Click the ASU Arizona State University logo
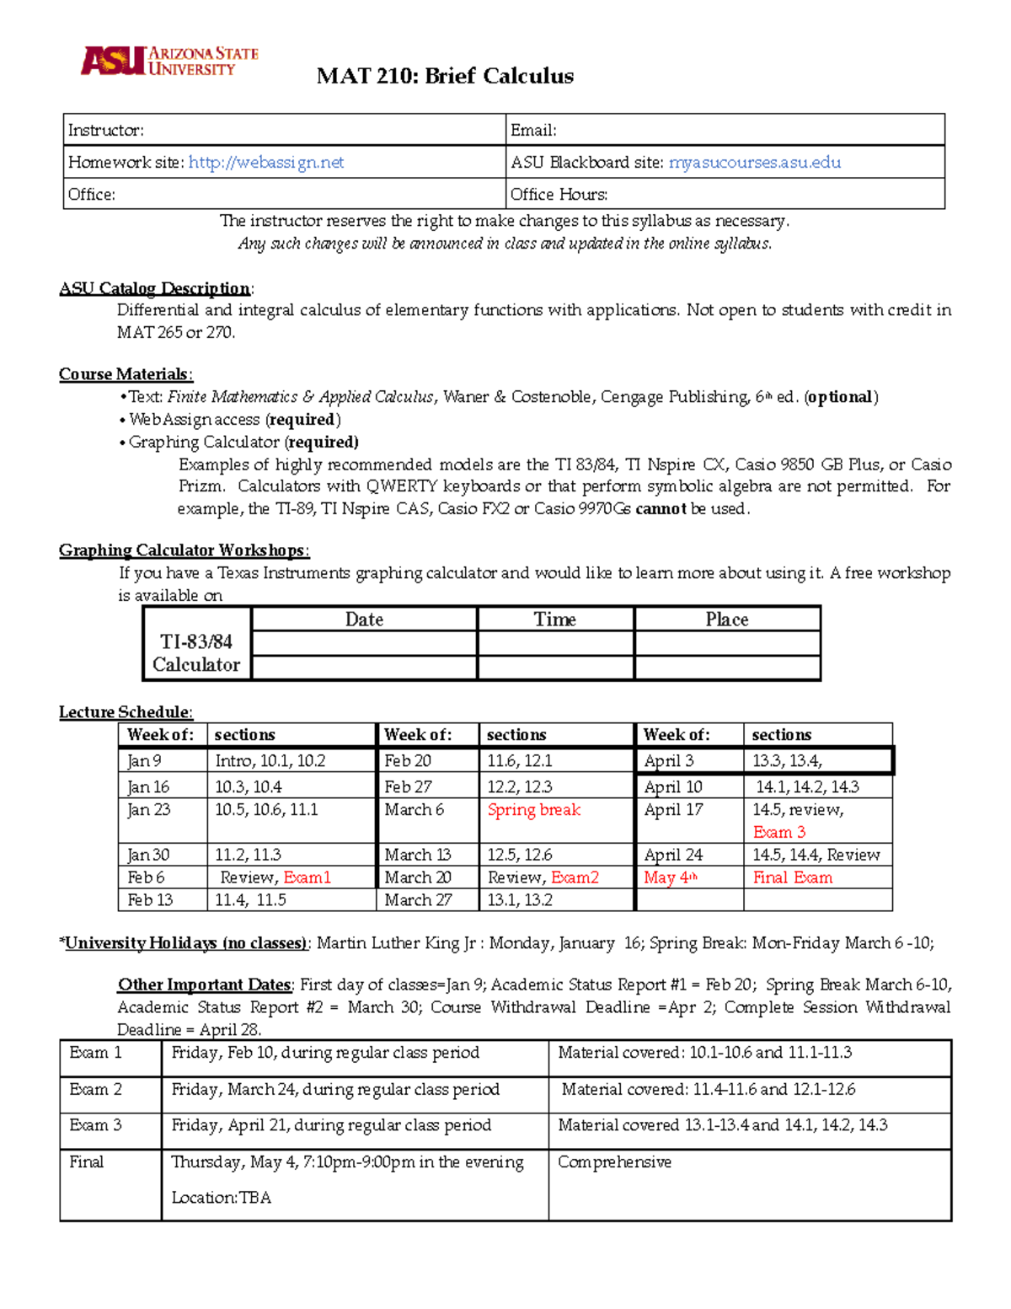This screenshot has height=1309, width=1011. pyautogui.click(x=168, y=61)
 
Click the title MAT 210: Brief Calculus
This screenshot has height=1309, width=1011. pyautogui.click(x=445, y=76)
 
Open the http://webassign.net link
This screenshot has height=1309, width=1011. pyautogui.click(x=265, y=162)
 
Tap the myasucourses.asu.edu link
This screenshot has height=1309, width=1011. pyautogui.click(x=754, y=162)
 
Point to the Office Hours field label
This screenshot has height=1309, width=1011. pyautogui.click(x=559, y=194)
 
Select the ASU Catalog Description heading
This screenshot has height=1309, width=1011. pyautogui.click(x=155, y=288)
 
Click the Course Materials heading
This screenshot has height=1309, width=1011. pyautogui.click(x=126, y=374)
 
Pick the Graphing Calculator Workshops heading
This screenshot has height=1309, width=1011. pyautogui.click(x=184, y=550)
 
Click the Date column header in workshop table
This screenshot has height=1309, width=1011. pyautogui.click(x=364, y=620)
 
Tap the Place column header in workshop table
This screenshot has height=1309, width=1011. pyautogui.click(x=726, y=620)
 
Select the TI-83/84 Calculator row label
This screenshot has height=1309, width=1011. pyautogui.click(x=196, y=653)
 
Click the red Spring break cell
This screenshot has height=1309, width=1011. pyautogui.click(x=533, y=810)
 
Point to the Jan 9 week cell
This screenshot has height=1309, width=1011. pyautogui.click(x=144, y=761)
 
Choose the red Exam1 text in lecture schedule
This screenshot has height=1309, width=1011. pyautogui.click(x=307, y=877)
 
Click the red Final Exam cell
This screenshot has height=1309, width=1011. pyautogui.click(x=792, y=877)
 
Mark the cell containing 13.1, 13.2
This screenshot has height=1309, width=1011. pyautogui.click(x=520, y=900)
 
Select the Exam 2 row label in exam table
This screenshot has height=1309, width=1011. pyautogui.click(x=95, y=1089)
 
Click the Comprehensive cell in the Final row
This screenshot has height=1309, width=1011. pyautogui.click(x=614, y=1162)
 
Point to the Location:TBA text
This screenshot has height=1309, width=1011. pyautogui.click(x=221, y=1198)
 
